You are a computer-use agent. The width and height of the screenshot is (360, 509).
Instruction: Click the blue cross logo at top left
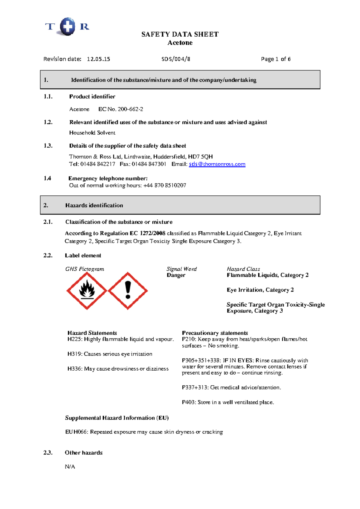[67, 26]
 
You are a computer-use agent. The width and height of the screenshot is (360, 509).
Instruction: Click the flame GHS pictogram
[87, 291]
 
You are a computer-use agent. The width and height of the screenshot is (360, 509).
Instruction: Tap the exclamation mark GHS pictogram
[128, 291]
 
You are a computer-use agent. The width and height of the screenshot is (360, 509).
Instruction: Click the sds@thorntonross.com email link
[217, 164]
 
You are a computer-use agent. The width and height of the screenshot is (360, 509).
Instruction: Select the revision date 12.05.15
[98, 59]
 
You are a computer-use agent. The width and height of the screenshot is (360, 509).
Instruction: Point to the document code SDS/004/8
[176, 59]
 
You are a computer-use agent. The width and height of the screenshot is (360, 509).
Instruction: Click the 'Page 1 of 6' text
[276, 59]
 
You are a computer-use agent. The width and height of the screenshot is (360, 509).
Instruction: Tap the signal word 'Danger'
[176, 275]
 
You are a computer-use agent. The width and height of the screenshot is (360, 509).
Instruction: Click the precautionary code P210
[188, 339]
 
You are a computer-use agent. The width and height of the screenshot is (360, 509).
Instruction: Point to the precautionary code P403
[188, 402]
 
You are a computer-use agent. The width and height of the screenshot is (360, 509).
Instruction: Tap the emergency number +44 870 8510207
[165, 185]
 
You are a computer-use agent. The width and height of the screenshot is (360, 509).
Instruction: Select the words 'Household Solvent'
[92, 133]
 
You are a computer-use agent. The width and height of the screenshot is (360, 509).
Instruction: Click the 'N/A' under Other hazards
[70, 467]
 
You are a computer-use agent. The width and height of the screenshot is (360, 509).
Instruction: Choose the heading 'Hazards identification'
[94, 205]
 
